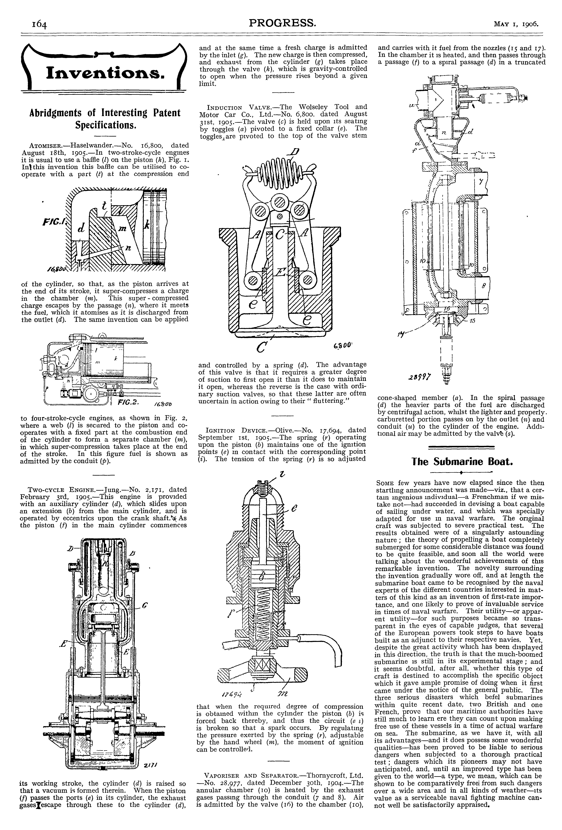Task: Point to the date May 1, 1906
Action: point(516,24)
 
